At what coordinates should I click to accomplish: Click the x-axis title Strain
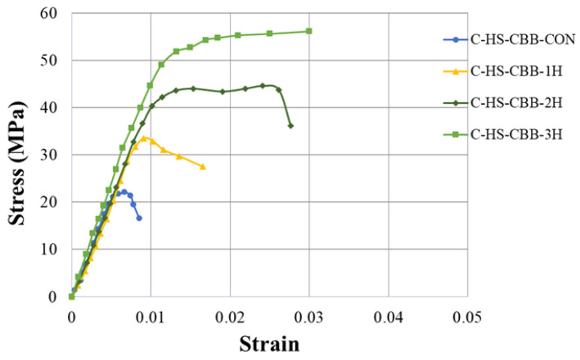click(x=269, y=344)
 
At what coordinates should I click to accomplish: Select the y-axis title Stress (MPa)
click(x=18, y=155)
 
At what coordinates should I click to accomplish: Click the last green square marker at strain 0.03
click(x=309, y=31)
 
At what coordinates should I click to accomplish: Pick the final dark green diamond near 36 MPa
click(x=290, y=125)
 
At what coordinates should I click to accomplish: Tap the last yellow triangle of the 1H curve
click(x=203, y=166)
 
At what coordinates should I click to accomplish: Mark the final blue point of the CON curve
click(x=139, y=218)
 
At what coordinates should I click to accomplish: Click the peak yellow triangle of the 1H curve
click(x=144, y=138)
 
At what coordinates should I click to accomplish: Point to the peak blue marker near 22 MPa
click(x=124, y=192)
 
